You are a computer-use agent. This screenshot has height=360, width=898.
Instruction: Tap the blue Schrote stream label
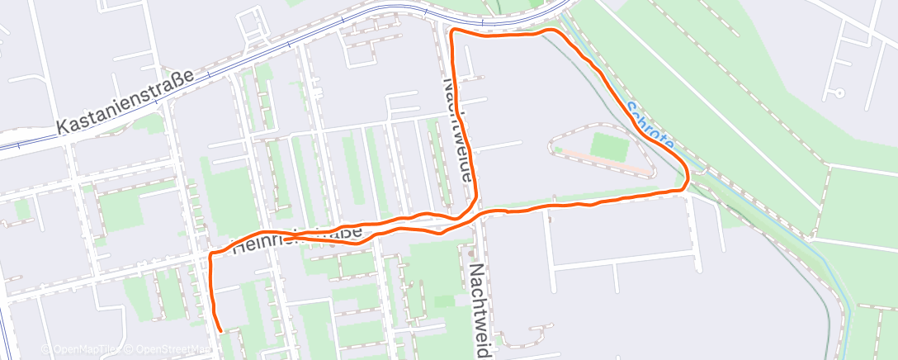click(650, 126)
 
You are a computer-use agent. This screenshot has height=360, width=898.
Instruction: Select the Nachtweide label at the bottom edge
click(479, 310)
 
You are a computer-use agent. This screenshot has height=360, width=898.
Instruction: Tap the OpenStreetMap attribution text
click(168, 348)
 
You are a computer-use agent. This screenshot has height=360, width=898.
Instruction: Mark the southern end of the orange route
click(221, 330)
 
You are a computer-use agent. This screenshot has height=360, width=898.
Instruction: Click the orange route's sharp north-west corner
click(451, 32)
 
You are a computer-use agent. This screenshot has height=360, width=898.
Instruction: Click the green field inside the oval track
click(609, 148)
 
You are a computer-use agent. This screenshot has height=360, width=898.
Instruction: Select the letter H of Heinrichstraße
click(239, 246)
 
